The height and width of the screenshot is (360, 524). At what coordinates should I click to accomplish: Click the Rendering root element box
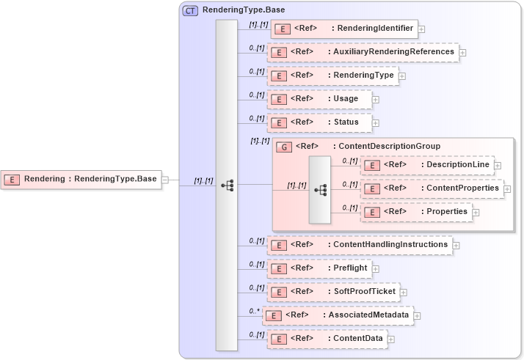tap(81, 179)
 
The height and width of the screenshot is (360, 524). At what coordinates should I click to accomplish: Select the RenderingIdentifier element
tap(344, 29)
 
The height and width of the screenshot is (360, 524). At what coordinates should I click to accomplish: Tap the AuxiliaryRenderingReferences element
tap(363, 52)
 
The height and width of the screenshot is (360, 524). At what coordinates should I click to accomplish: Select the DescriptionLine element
tap(427, 166)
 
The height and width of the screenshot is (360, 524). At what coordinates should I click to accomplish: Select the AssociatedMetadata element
tap(338, 315)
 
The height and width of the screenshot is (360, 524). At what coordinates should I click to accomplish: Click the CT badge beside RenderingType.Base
tap(190, 11)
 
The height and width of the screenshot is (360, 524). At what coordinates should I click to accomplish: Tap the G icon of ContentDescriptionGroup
tap(283, 147)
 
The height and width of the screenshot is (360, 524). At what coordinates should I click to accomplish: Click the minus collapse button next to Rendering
tap(165, 180)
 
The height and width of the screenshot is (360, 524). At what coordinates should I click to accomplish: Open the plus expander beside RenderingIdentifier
tap(422, 30)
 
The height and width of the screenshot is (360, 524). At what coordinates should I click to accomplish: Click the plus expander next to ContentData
tap(391, 339)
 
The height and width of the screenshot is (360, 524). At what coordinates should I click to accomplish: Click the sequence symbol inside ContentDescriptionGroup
tap(320, 189)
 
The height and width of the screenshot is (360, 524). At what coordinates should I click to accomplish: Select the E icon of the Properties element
tap(373, 212)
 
